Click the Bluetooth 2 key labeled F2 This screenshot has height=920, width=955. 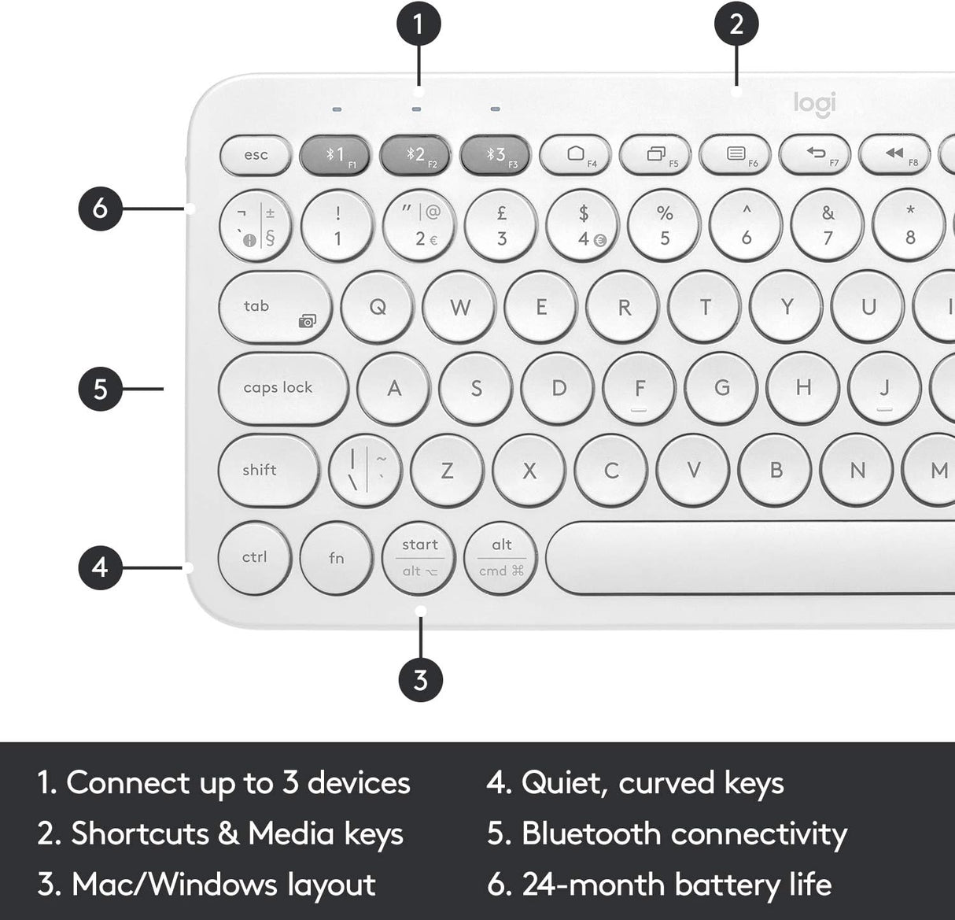click(415, 155)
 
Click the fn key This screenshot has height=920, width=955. click(337, 558)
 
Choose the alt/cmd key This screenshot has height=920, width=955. click(501, 558)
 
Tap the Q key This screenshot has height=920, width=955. click(378, 307)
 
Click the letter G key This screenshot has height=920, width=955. click(721, 388)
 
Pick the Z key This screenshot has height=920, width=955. click(447, 471)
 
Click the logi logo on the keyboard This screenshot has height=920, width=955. click(814, 103)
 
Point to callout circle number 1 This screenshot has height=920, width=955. click(418, 24)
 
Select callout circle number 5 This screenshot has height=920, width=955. click(100, 388)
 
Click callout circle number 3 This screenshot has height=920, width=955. click(420, 678)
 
